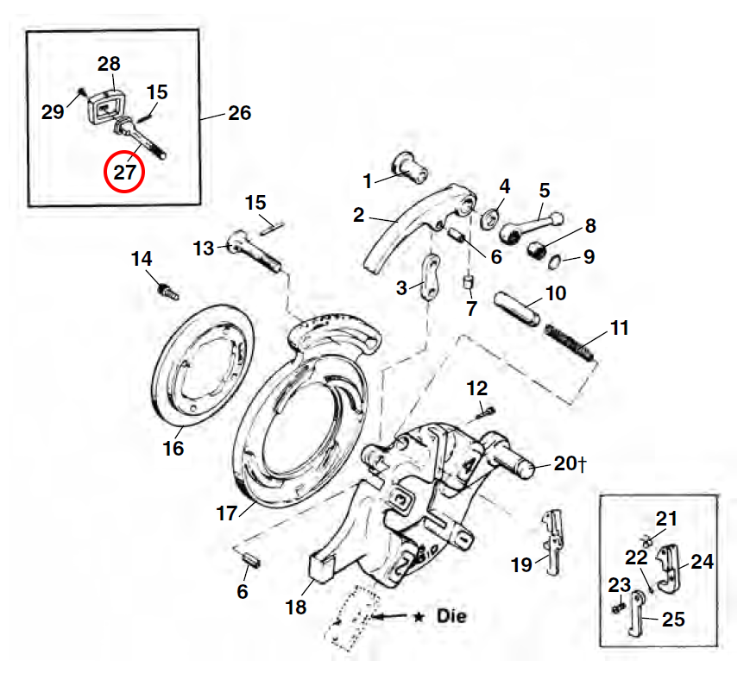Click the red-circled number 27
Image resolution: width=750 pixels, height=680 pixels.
click(125, 172)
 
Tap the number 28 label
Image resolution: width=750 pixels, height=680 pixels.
click(109, 63)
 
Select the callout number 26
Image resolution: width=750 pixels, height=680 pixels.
click(239, 113)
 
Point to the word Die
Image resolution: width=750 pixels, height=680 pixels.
click(451, 617)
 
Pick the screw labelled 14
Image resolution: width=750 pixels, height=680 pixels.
click(165, 289)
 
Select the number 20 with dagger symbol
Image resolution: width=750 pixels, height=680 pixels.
click(570, 463)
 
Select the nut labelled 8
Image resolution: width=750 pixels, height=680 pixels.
click(540, 250)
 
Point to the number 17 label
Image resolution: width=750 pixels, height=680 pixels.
click(225, 513)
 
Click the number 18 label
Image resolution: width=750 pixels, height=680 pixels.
click(296, 607)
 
